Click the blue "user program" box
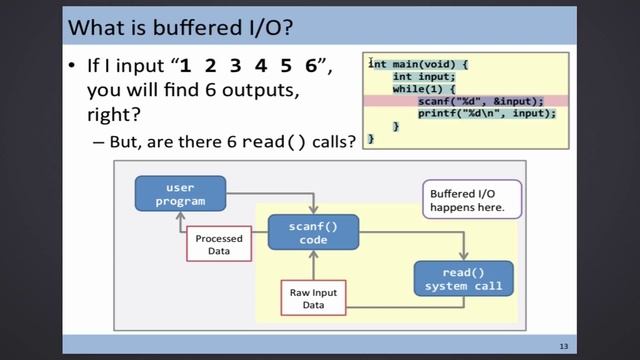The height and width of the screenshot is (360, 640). (x=180, y=193)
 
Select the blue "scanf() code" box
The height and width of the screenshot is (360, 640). (x=314, y=234)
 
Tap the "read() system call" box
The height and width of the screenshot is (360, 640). (x=463, y=279)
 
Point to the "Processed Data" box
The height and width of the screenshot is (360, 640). (x=219, y=245)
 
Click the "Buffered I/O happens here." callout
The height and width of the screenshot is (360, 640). (x=467, y=200)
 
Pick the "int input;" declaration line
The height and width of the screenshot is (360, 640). (x=424, y=77)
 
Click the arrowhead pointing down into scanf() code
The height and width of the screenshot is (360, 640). (x=314, y=210)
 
